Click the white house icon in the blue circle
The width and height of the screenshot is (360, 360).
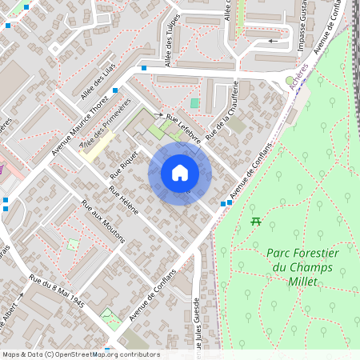[x=180, y=173]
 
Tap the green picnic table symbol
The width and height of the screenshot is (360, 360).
[x=256, y=221]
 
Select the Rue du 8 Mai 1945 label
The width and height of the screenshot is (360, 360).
[x=57, y=292]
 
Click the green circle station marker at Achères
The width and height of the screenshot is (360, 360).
[x=290, y=80]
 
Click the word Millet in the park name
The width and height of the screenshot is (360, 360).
[x=301, y=282]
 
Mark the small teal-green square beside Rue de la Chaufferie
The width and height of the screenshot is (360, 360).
[x=194, y=103]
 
